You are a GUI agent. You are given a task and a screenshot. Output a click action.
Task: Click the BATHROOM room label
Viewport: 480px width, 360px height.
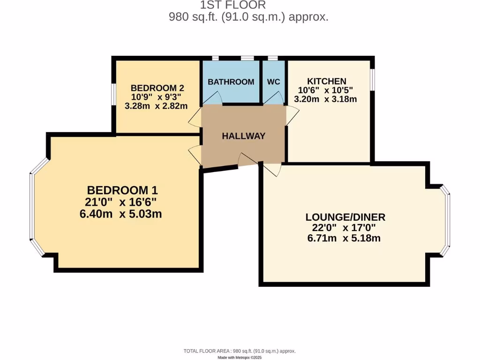(x=231, y=82)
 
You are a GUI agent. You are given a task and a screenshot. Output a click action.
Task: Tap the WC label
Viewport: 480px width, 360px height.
(x=273, y=82)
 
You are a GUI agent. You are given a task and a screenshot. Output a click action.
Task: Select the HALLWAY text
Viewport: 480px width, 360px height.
(x=243, y=136)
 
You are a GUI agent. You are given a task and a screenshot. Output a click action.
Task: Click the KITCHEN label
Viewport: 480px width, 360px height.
(x=326, y=81)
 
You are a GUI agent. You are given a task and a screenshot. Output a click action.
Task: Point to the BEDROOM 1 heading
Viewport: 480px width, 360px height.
(x=122, y=190)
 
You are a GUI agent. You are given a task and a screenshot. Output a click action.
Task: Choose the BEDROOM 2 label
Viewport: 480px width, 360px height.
(x=157, y=88)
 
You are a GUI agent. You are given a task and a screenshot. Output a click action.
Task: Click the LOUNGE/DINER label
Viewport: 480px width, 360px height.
(x=345, y=217)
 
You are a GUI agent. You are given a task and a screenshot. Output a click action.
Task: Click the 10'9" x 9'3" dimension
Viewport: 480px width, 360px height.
(x=156, y=97)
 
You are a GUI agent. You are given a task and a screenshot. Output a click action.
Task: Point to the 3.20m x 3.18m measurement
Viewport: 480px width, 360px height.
(x=325, y=99)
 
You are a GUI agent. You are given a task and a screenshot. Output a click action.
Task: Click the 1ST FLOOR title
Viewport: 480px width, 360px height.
(x=233, y=5)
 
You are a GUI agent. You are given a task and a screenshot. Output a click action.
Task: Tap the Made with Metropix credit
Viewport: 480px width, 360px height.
(x=240, y=357)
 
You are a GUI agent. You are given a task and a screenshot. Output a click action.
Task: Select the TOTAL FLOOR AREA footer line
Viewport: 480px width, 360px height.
(x=239, y=351)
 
